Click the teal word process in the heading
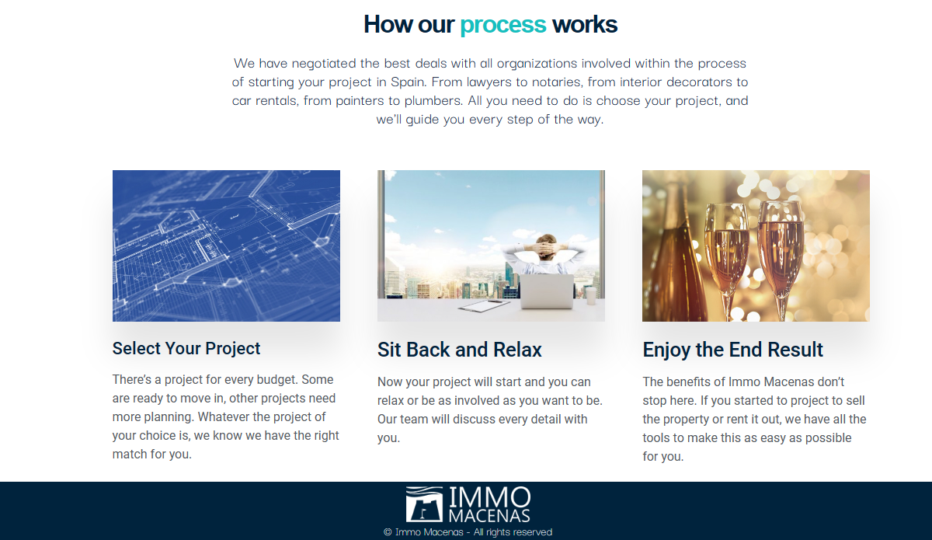click(x=503, y=25)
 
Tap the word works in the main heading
click(x=585, y=24)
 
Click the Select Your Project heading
click(x=186, y=349)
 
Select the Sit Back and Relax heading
click(x=459, y=350)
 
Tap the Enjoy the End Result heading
click(x=732, y=350)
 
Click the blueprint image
click(x=226, y=246)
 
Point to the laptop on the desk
click(x=547, y=291)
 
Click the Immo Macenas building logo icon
click(x=424, y=503)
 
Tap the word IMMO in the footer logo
click(x=490, y=497)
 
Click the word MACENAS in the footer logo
click(x=489, y=515)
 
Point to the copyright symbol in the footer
click(x=388, y=532)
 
